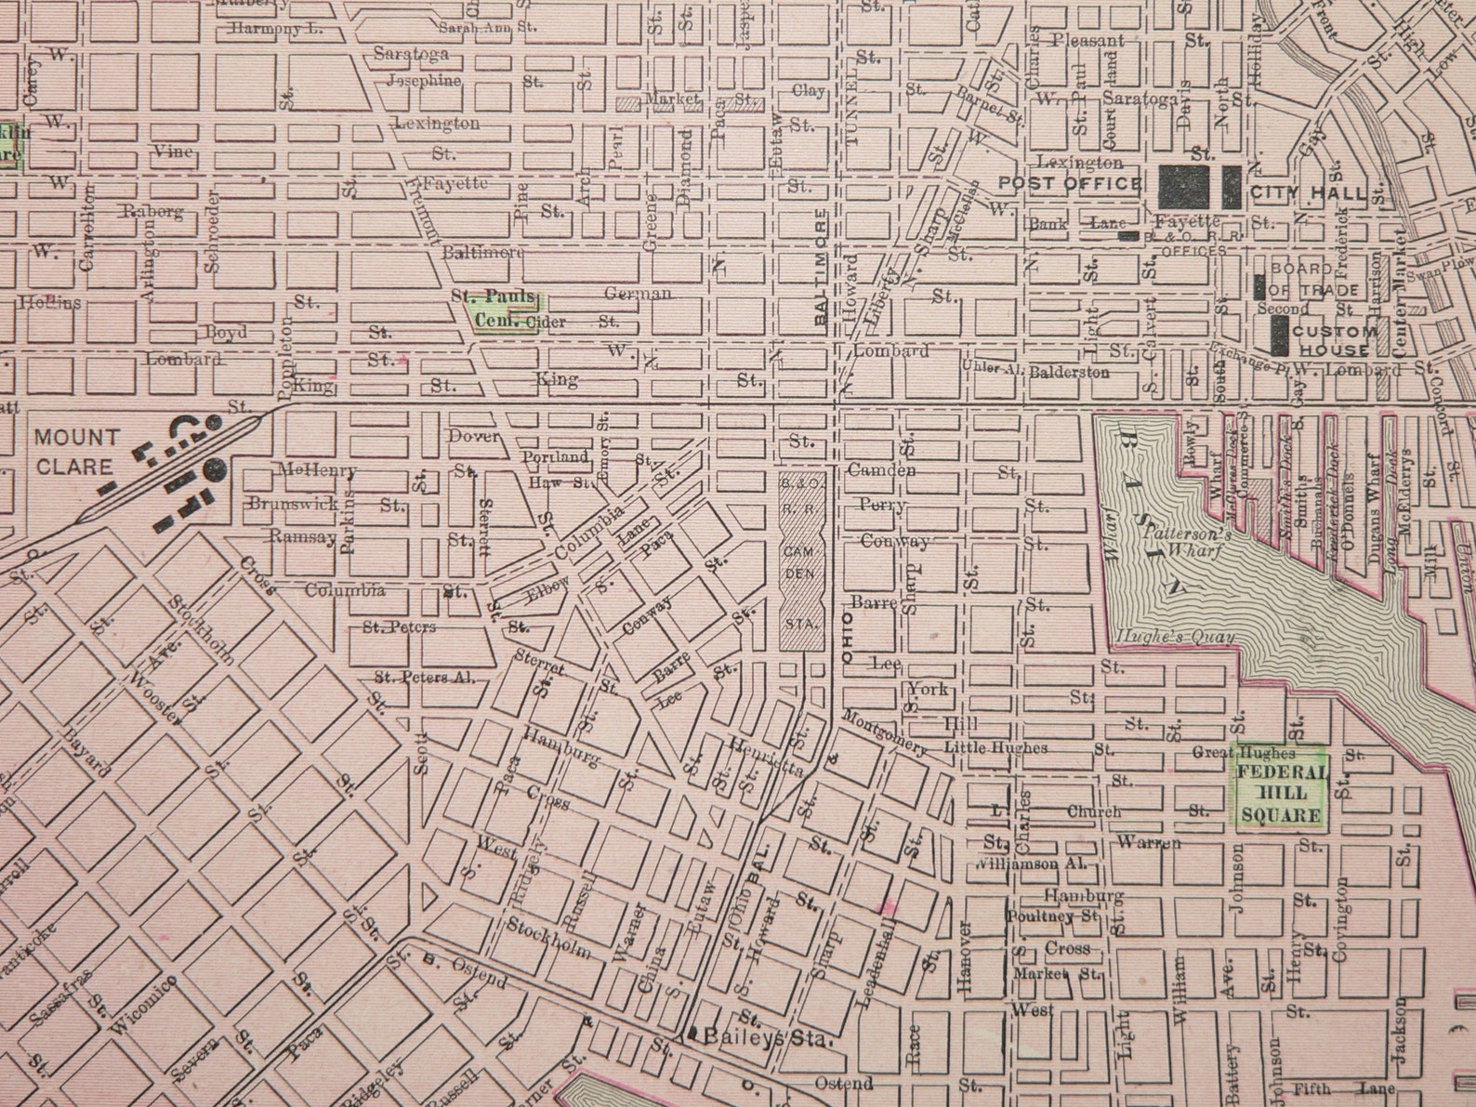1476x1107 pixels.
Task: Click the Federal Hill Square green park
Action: pos(1281,786)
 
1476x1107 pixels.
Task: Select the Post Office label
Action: pos(1069,183)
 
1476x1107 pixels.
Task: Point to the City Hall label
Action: pos(1310,193)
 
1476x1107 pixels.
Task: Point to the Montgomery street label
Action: pos(885,731)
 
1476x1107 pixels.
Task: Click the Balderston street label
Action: pos(1069,372)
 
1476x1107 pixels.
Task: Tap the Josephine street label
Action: pos(417,80)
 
